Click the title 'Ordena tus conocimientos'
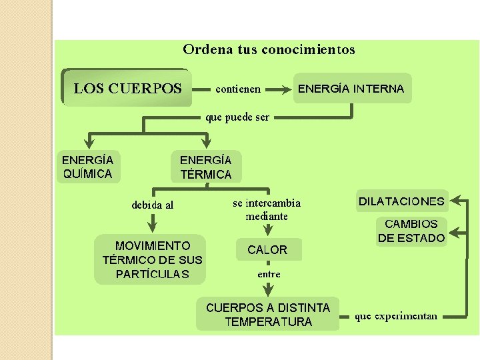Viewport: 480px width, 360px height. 269,49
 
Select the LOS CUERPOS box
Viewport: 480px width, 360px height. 127,88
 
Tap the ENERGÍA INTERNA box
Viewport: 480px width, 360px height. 351,88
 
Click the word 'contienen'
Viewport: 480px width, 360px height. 238,89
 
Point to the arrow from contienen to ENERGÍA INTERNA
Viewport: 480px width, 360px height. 279,88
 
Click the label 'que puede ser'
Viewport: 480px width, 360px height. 237,117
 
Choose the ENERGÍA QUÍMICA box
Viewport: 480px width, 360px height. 88,167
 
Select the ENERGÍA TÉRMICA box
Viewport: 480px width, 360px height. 206,167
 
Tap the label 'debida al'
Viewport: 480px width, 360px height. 153,205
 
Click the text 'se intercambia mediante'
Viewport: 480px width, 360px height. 267,209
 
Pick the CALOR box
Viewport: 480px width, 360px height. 267,250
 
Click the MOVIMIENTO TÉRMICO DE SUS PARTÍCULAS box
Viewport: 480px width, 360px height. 152,259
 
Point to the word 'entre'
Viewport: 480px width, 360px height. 269,274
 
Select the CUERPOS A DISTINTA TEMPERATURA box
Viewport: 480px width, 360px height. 268,315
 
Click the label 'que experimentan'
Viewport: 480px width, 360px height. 396,316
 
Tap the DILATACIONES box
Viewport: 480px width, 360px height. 401,201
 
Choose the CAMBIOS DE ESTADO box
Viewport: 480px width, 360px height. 411,231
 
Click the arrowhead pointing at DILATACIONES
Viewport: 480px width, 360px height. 457,201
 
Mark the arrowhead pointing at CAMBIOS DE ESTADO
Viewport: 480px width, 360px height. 457,234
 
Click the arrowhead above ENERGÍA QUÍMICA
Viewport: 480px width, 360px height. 89,142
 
